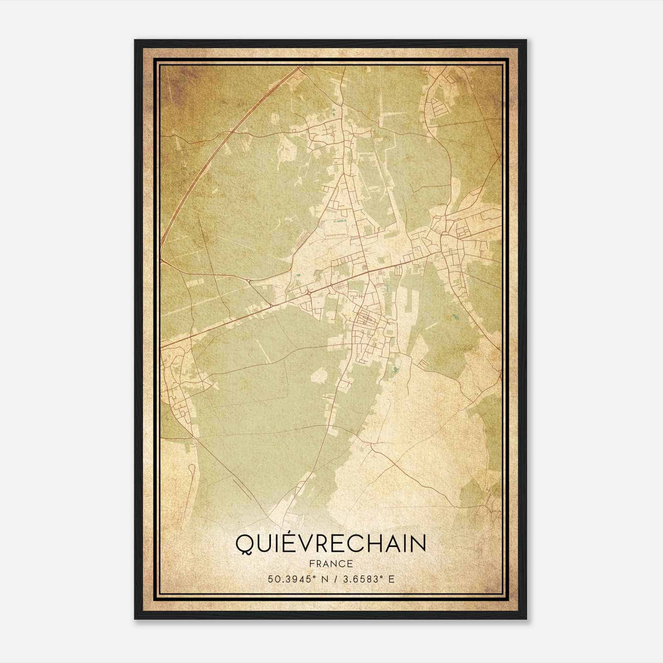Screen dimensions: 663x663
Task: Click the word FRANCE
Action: (x=331, y=564)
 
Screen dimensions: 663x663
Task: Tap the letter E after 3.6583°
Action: (x=391, y=579)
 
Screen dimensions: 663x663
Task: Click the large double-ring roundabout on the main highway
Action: (x=309, y=293)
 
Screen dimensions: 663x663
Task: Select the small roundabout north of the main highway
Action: (x=248, y=281)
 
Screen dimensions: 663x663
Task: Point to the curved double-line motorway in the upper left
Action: (x=199, y=174)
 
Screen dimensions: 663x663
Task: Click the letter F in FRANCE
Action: (x=312, y=564)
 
